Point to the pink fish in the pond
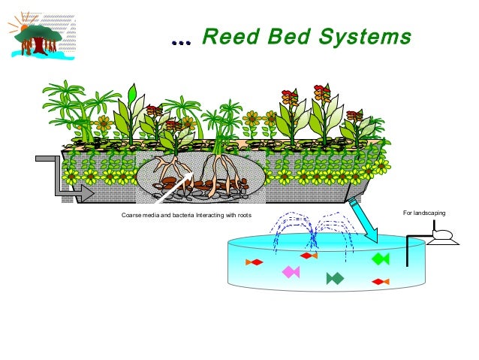[x=290, y=271]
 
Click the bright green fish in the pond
[x=380, y=259]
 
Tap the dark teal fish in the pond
[x=335, y=279]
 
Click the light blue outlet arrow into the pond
[x=366, y=222]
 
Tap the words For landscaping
[x=424, y=215]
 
